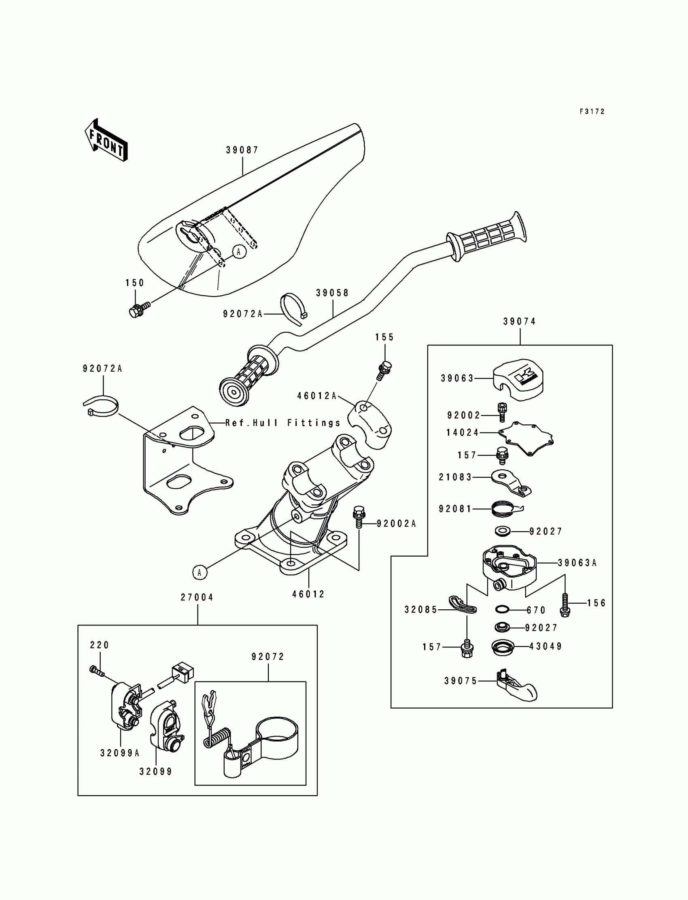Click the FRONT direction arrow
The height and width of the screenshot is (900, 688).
click(106, 140)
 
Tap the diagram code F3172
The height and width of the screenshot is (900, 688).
click(592, 111)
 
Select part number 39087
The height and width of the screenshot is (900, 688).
click(242, 150)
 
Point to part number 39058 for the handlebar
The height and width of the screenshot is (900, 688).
click(332, 293)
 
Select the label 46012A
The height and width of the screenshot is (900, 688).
click(316, 396)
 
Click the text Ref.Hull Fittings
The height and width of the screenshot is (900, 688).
click(283, 423)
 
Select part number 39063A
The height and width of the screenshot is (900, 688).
click(577, 563)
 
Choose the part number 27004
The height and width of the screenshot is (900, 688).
click(197, 598)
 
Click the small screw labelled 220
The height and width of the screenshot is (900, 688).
click(96, 670)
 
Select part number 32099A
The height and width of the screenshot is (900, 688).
click(120, 753)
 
